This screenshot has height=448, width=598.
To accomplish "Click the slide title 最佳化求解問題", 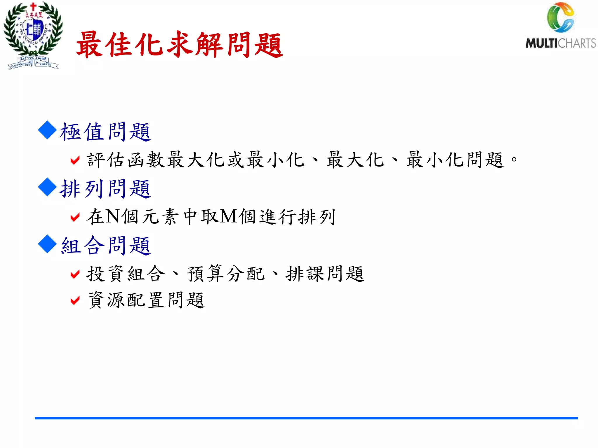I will (179, 45).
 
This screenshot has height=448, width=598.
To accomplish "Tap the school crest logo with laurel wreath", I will (33, 35).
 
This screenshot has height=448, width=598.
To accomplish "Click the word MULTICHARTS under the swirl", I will (560, 43).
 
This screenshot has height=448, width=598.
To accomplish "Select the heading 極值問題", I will (105, 132).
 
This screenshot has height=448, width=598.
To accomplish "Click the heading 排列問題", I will (105, 189).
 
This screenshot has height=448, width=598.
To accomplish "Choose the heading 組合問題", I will (106, 246).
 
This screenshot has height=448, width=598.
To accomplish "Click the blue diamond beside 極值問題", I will (47, 130).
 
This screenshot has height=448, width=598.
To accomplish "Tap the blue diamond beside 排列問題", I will (47, 187).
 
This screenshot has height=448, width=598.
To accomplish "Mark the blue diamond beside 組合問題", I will (47, 244).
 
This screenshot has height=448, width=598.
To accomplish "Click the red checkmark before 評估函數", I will (75, 160).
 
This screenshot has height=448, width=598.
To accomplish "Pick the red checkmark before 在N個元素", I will (75, 217).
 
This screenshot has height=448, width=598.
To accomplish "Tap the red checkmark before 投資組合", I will (75, 274).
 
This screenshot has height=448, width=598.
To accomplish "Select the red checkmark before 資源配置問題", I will (75, 300).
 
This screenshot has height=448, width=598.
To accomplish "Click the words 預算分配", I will (226, 274).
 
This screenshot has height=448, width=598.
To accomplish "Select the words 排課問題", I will (325, 274).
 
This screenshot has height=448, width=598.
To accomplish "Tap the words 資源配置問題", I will (146, 300).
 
